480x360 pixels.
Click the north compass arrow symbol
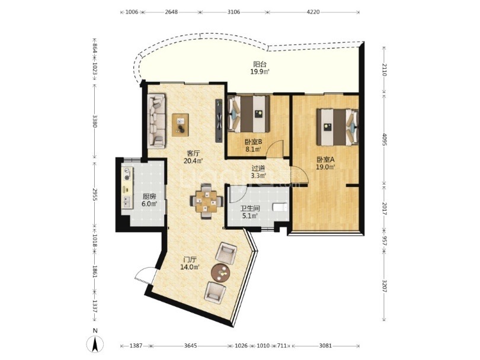point(95,344)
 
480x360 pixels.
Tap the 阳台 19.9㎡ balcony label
point(260,68)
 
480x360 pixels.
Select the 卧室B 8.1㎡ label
point(253,146)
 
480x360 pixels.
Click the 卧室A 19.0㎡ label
point(326,163)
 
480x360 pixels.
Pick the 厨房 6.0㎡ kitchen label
point(149,200)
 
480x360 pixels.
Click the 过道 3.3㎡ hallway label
point(258,172)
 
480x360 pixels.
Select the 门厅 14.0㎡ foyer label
point(190,263)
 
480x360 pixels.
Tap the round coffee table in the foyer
point(221,272)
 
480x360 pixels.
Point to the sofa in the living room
point(156,121)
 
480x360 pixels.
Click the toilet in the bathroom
point(280,207)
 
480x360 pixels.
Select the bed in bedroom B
point(248,114)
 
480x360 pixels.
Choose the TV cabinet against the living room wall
point(219,121)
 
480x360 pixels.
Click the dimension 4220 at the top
point(313,12)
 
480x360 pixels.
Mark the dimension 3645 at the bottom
point(190,346)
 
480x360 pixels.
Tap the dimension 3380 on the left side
point(95,121)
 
